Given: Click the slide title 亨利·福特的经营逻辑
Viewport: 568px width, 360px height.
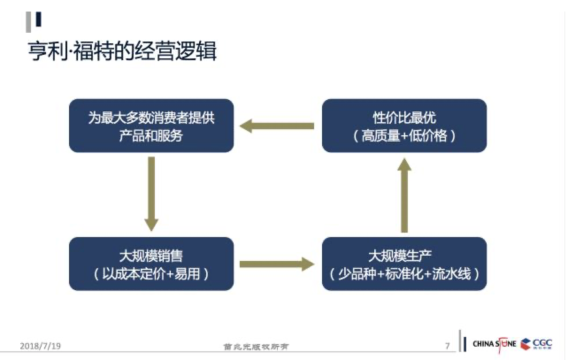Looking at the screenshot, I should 122,52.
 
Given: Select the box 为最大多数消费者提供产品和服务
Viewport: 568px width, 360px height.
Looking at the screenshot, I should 151,125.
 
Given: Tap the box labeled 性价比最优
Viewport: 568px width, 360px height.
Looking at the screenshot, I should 404,125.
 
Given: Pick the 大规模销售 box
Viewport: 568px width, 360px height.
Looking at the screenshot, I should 151,264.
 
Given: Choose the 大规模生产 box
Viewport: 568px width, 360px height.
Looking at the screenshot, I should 404,264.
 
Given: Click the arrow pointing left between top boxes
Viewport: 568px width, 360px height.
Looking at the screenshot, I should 277,126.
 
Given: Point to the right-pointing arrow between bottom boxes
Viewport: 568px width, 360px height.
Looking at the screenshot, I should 277,263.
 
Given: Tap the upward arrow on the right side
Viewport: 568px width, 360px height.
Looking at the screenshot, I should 404,194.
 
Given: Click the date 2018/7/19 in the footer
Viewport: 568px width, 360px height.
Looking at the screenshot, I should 40,346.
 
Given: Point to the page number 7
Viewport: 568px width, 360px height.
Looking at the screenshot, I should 447,346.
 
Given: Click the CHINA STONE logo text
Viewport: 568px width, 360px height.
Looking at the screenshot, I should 494,344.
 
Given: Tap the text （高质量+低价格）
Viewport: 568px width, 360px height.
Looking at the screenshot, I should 404,136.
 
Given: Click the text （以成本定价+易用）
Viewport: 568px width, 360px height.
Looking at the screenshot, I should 151,274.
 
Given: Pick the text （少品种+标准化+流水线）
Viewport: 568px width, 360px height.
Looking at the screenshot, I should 404,274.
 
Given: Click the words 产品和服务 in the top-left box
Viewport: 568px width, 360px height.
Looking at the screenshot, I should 151,136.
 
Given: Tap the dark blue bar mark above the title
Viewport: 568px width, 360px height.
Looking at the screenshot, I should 38,20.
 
